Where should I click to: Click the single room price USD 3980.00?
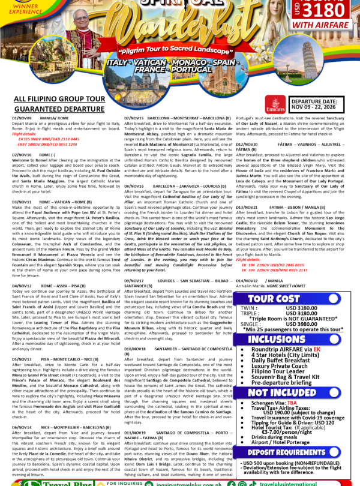[304, 323]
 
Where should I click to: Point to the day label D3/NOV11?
[22, 185]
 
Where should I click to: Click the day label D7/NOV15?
[134, 119]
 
